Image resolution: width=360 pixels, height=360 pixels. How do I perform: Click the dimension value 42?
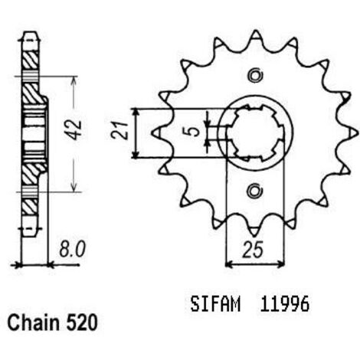76,129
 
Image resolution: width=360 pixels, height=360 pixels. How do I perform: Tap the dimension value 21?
120,130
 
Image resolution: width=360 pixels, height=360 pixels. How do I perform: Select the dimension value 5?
195,132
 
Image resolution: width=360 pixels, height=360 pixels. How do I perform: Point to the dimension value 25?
253,250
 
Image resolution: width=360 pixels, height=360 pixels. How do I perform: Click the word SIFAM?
215,304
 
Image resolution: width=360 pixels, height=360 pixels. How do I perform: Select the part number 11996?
285,304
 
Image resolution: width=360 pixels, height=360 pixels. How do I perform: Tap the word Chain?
33,322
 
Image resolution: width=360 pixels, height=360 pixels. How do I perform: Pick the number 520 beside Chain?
82,323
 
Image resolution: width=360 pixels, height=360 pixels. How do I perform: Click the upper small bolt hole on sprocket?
255,75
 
